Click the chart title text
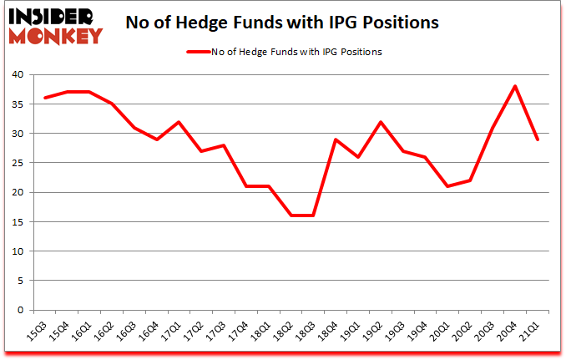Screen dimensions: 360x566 pyautogui.click(x=281, y=23)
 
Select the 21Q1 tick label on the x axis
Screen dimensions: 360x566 pyautogui.click(x=528, y=332)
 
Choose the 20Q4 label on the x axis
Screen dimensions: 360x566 pyautogui.click(x=507, y=332)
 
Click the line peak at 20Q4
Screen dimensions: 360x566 pyautogui.click(x=515, y=86)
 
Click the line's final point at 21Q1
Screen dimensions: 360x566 pyautogui.click(x=538, y=139)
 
